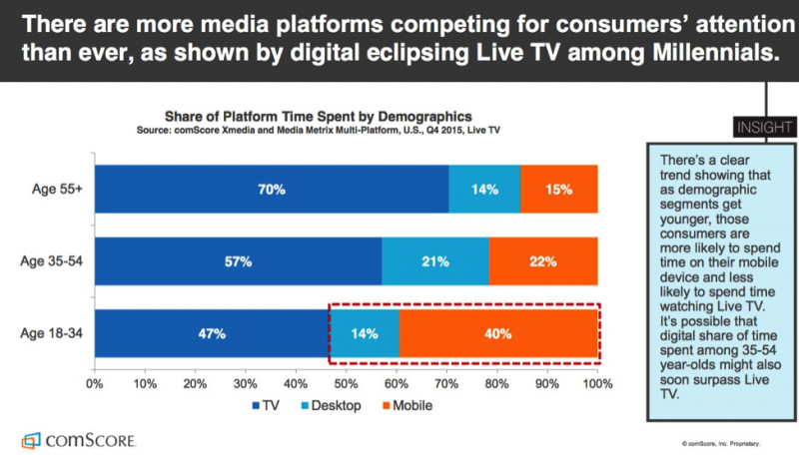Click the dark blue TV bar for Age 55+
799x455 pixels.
pos(200,189)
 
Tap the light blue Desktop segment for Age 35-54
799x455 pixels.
pos(435,261)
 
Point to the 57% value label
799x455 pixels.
pos(238,261)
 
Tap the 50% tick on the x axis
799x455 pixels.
pos(347,382)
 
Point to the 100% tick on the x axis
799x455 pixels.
pos(597,382)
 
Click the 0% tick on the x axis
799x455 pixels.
pos(95,382)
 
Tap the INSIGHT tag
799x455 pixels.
pos(765,128)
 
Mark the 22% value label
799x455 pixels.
pos(543,261)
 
